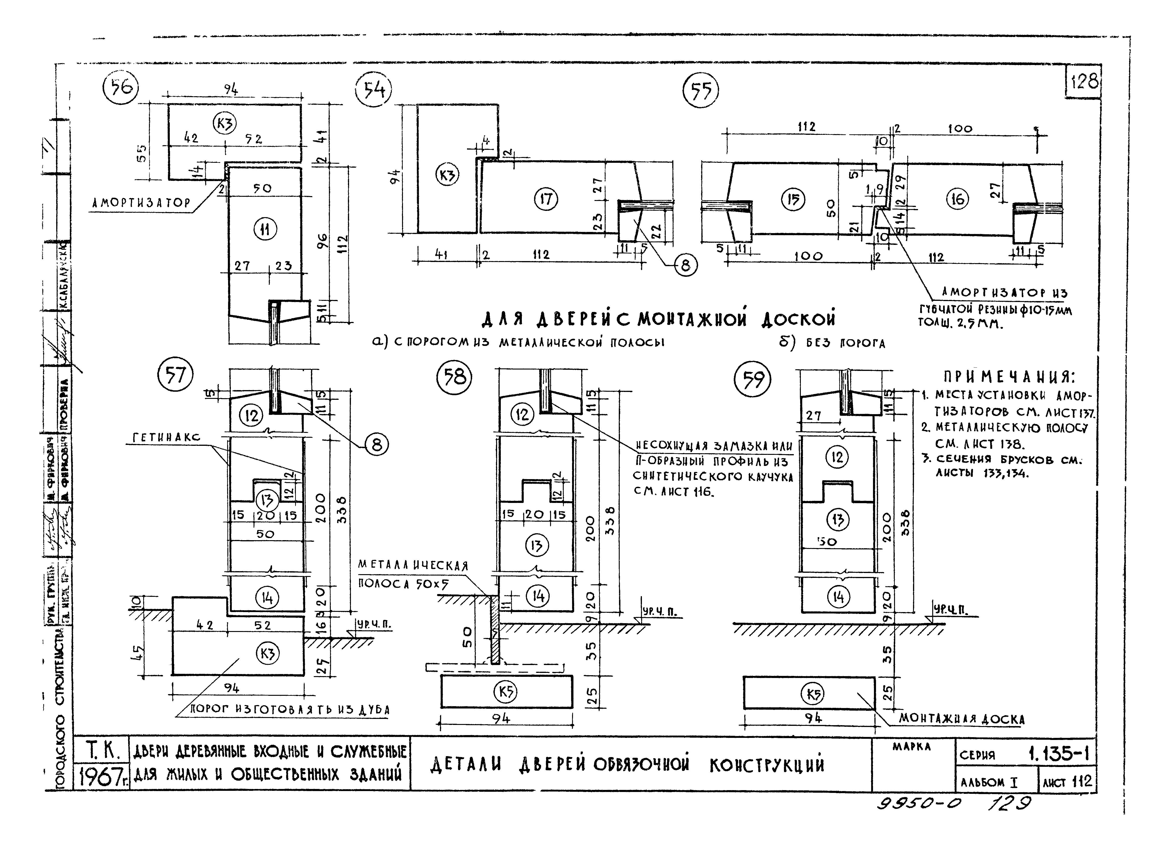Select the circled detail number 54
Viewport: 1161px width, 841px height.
pyautogui.click(x=373, y=91)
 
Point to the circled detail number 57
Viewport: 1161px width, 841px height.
pyautogui.click(x=175, y=376)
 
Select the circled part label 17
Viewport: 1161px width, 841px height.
pyautogui.click(x=546, y=199)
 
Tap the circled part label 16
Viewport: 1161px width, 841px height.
pyautogui.click(x=957, y=199)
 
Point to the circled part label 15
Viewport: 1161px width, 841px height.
pyautogui.click(x=793, y=199)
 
